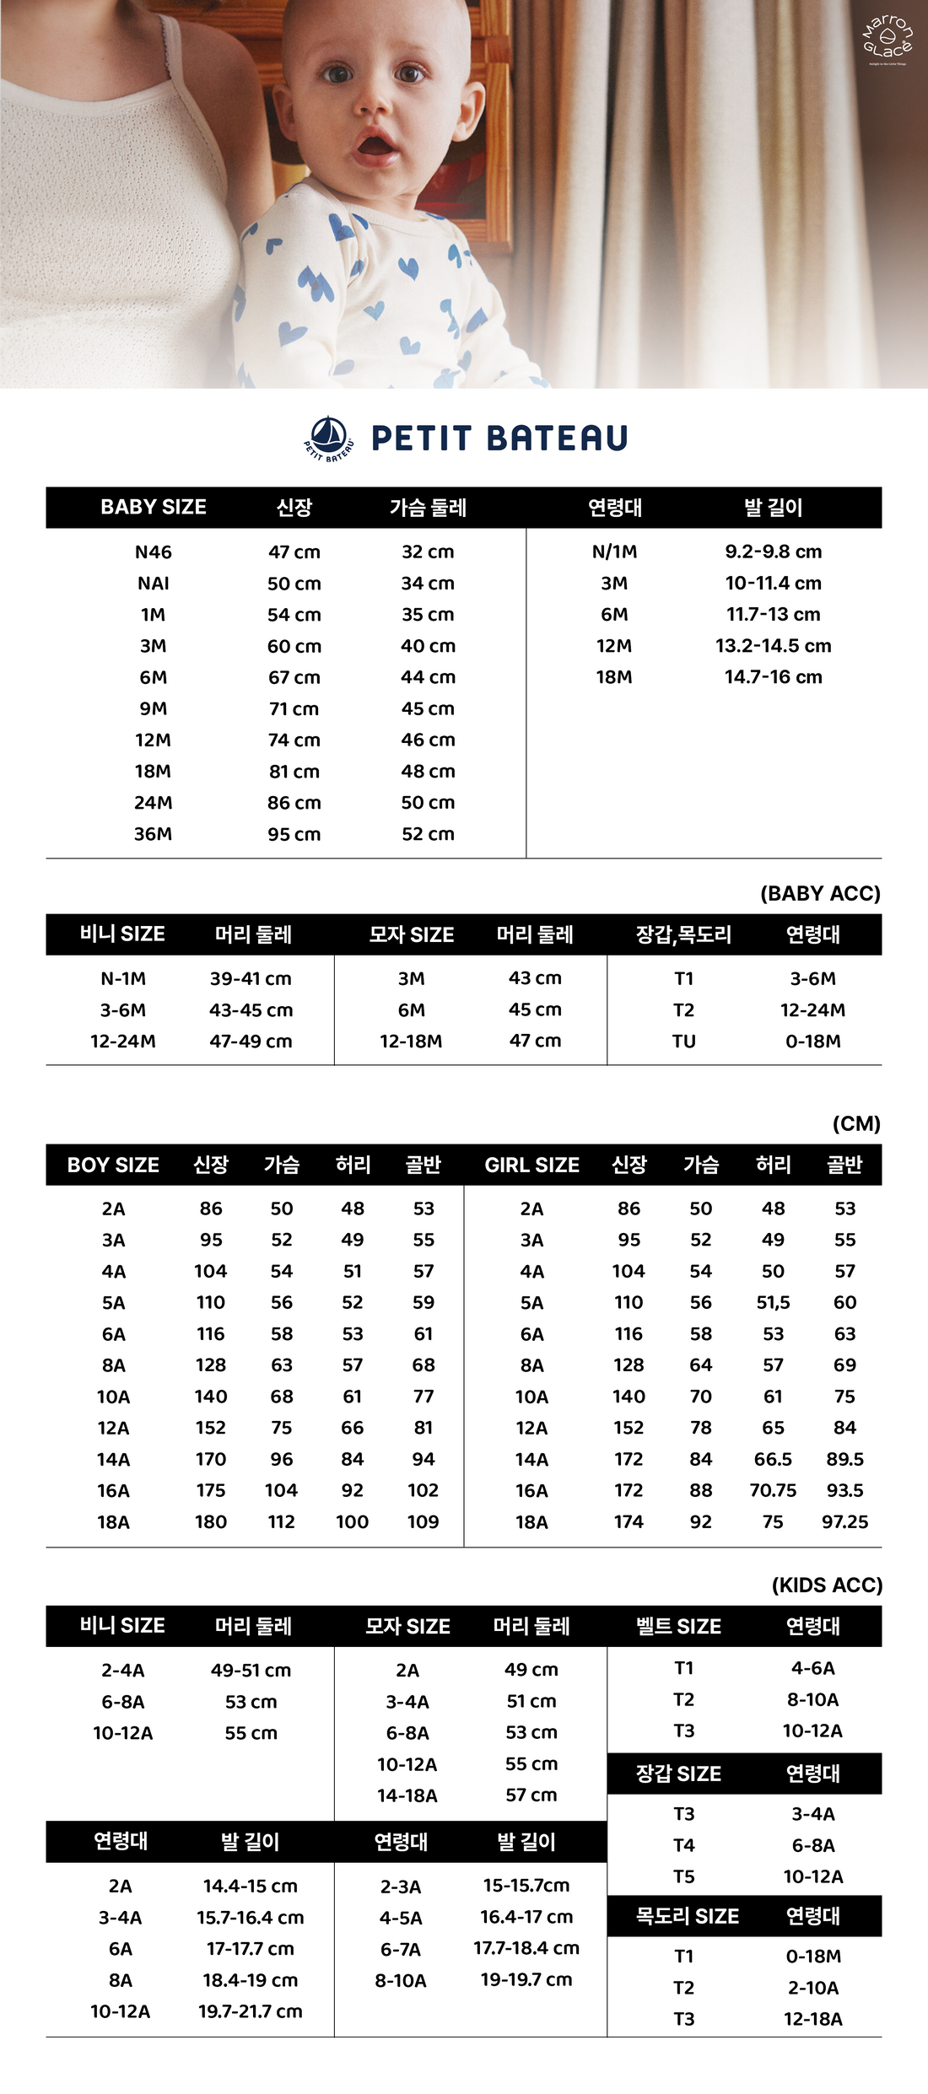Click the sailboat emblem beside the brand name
[x=329, y=438]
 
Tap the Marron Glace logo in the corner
[x=888, y=38]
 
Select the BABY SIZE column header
[x=154, y=507]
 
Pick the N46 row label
[x=154, y=552]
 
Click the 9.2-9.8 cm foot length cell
[x=773, y=552]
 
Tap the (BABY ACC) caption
[x=820, y=894]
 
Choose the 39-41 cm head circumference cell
[x=251, y=979]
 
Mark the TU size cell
[x=683, y=1042]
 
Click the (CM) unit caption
[x=856, y=1123]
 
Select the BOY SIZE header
[x=113, y=1165]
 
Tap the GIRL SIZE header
[x=531, y=1165]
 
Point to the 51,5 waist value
[x=773, y=1303]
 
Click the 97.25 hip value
[x=844, y=1522]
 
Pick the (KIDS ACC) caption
[x=827, y=1585]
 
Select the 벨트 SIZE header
[x=678, y=1626]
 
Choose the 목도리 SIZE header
[x=687, y=1916]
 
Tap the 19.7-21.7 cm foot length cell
[x=251, y=2011]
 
